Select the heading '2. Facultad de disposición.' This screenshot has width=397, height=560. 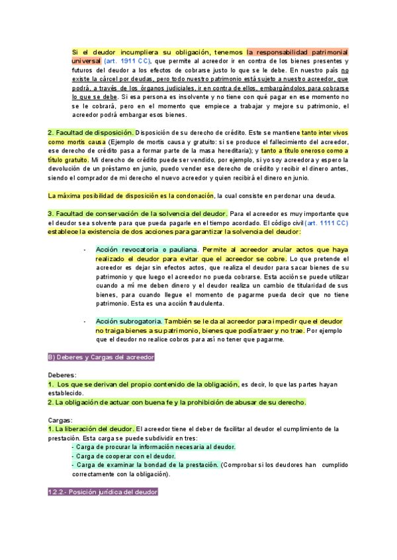point(91,132)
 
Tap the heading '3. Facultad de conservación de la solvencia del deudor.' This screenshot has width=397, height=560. point(138,213)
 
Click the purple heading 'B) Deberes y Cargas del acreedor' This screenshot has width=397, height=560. point(101,357)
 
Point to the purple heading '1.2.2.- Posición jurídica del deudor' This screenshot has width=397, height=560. point(103,493)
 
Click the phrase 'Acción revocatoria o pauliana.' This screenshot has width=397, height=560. point(147,250)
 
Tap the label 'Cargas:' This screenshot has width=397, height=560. point(60,420)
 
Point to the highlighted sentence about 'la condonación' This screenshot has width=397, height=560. point(131,195)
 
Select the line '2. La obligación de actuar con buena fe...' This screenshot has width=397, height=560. point(177,402)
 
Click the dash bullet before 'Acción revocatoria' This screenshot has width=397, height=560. point(85,250)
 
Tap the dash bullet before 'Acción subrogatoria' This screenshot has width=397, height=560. point(85,321)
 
